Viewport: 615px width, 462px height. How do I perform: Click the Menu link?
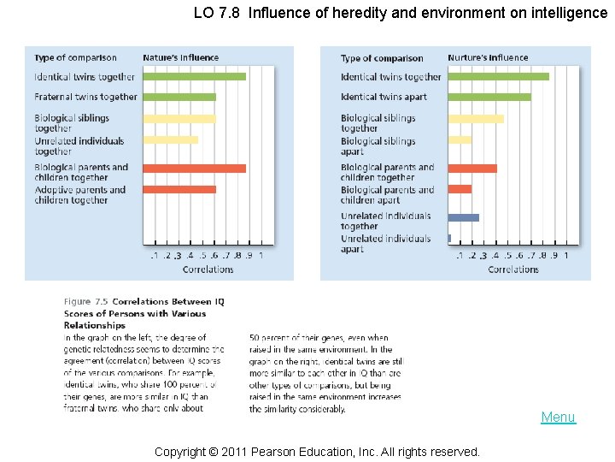tap(558, 418)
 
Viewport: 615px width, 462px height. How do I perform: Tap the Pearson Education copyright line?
tap(316, 451)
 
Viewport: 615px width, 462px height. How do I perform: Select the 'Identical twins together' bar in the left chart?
tap(194, 77)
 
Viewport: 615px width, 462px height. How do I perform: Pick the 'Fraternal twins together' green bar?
tap(179, 97)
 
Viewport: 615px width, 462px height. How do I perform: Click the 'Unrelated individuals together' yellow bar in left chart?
tap(170, 139)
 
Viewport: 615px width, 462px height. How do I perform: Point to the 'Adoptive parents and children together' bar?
tap(179, 189)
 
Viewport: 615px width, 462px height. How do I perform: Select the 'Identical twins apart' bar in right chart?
tap(489, 97)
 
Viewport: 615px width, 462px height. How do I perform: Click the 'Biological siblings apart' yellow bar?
tap(460, 139)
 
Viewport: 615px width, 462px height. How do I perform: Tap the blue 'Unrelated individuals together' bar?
tap(463, 217)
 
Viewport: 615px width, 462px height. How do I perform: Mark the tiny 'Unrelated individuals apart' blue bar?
tap(449, 238)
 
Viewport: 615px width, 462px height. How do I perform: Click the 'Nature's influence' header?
tap(180, 58)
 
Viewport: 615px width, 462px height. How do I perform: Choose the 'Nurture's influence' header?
tap(488, 58)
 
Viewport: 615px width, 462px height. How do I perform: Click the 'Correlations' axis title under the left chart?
tap(208, 269)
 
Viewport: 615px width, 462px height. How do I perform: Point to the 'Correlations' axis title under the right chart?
tap(512, 269)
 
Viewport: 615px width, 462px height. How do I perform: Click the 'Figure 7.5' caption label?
tap(86, 302)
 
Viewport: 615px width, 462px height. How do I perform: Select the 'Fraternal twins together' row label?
tap(85, 97)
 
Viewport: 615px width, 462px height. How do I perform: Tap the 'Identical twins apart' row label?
tap(384, 97)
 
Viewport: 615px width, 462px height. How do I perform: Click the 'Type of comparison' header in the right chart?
tap(382, 58)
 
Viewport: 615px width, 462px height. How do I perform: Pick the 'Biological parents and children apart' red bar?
tap(460, 189)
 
